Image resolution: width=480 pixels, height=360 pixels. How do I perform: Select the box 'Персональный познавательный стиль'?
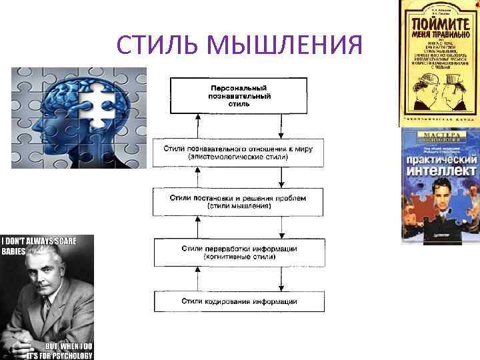click(x=239, y=95)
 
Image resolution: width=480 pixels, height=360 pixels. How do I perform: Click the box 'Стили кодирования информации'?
click(x=239, y=301)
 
